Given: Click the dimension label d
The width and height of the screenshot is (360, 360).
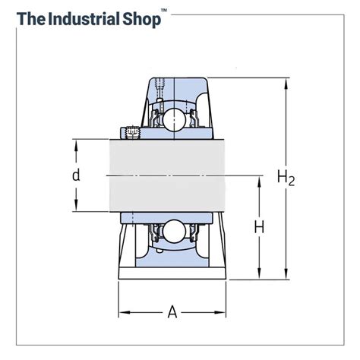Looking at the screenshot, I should (76, 175).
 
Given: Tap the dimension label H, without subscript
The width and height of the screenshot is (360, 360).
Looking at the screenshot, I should (259, 226).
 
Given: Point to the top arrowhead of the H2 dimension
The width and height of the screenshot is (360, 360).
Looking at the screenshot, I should (286, 82).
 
